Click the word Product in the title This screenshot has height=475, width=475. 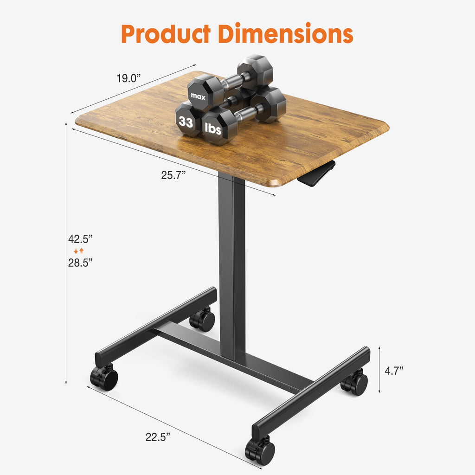(x=166, y=33)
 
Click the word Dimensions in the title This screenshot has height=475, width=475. (x=286, y=33)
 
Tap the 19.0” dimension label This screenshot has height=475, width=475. (x=128, y=78)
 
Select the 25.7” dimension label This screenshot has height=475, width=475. (x=173, y=175)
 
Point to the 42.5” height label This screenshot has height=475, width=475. (x=80, y=239)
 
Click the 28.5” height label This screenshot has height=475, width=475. (x=80, y=262)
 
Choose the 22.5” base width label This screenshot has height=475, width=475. (x=158, y=436)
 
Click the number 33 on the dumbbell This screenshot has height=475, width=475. (x=186, y=122)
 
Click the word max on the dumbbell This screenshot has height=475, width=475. (x=198, y=96)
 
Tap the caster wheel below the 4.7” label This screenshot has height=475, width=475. (x=355, y=383)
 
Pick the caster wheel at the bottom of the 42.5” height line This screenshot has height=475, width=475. (x=104, y=377)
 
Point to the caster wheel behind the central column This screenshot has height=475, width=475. (x=203, y=320)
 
